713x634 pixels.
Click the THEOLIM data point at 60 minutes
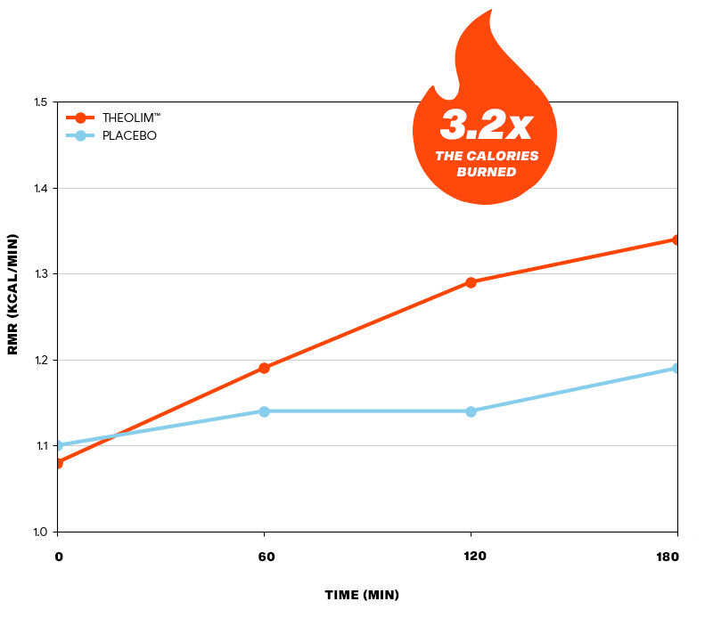(264, 368)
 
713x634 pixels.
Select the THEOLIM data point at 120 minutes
(471, 282)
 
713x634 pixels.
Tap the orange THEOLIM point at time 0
(58, 463)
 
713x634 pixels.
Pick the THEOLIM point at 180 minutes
(676, 240)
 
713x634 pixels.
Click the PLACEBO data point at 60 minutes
(264, 411)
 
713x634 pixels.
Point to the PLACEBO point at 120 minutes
(471, 411)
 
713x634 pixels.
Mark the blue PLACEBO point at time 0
(58, 445)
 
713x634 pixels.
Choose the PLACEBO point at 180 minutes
(676, 368)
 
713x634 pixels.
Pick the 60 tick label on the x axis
(264, 557)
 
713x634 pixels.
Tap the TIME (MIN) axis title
(362, 595)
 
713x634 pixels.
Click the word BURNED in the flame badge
(486, 172)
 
